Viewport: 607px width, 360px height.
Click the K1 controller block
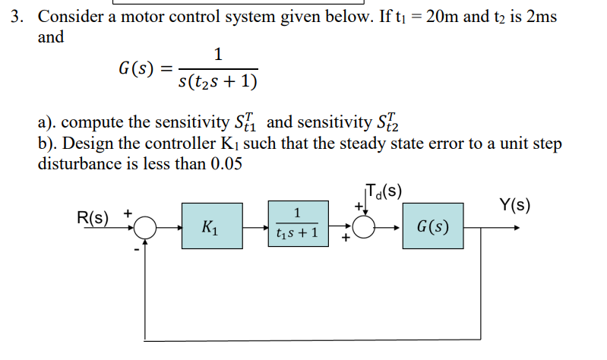tap(211, 226)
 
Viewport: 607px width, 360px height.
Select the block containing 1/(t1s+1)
tap(299, 226)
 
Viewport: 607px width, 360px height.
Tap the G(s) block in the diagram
tap(432, 226)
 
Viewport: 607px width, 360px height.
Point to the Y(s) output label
tap(514, 204)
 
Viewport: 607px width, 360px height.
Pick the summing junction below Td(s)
tap(362, 226)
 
